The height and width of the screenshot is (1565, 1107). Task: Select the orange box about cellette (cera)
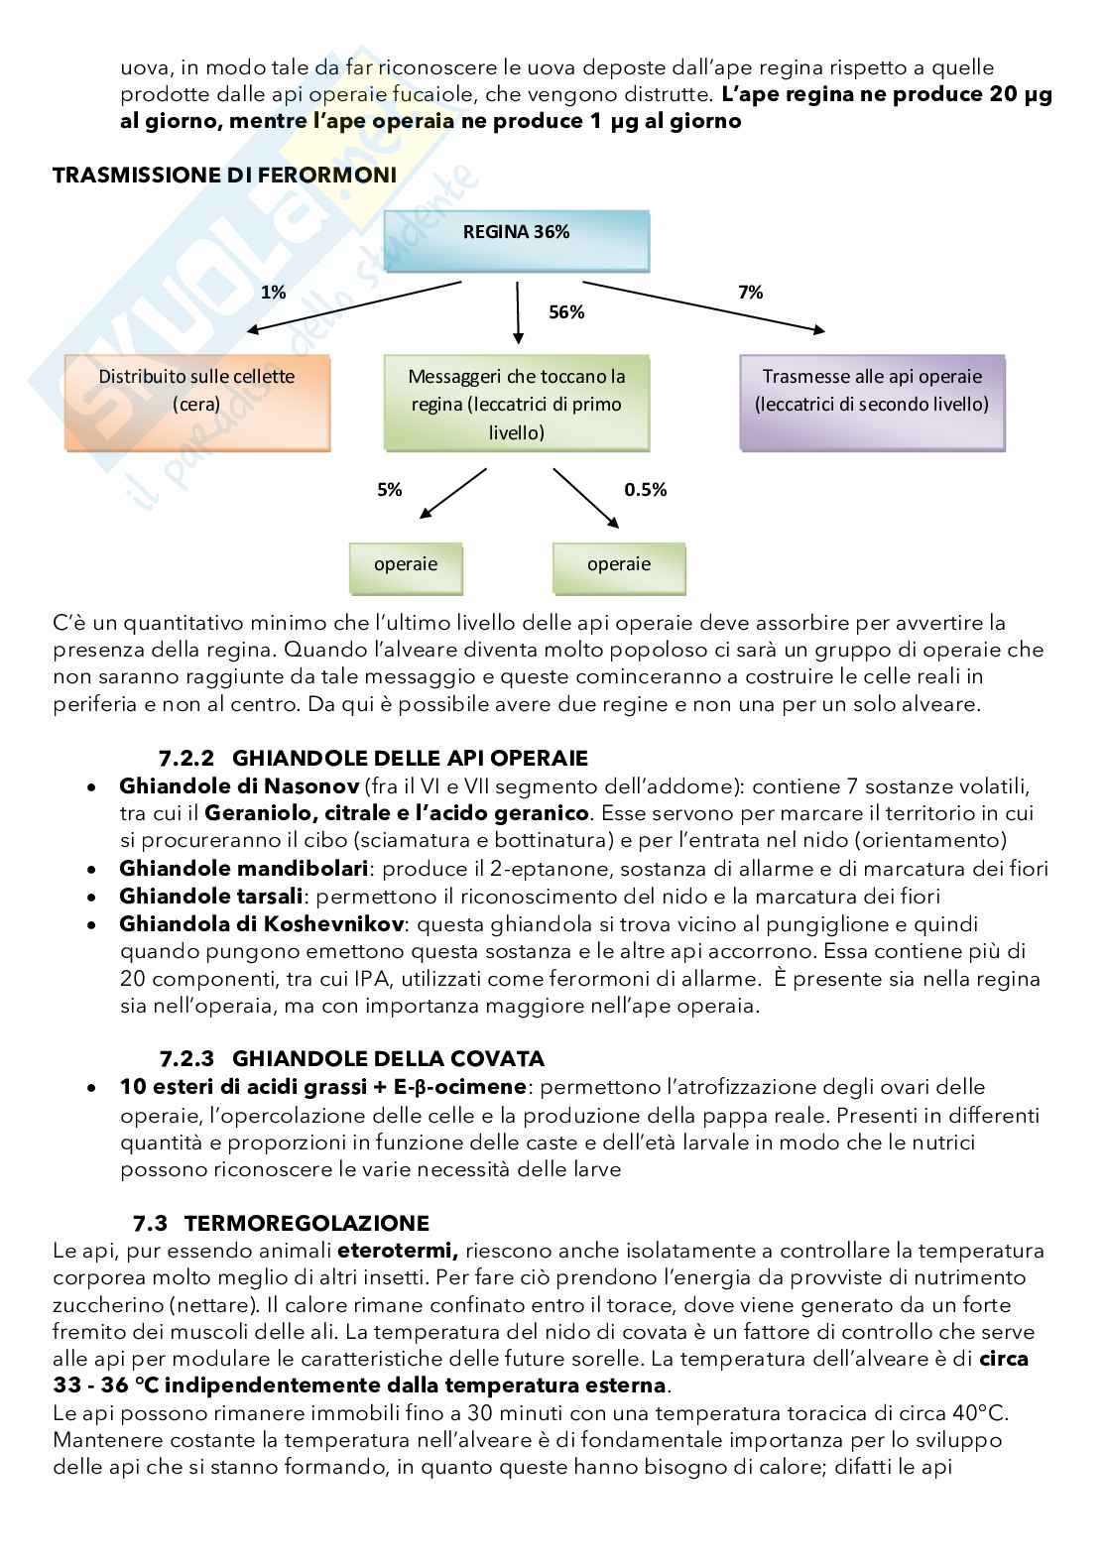196,403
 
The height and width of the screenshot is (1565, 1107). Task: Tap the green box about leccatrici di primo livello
516,403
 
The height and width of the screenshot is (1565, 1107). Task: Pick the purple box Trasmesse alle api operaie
872,403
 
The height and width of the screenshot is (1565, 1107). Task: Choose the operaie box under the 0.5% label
618,564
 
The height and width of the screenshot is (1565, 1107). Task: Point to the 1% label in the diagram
273,293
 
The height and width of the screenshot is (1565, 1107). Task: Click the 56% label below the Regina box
566,312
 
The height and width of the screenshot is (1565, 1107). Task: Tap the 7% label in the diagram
750,293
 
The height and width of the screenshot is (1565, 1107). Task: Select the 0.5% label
645,490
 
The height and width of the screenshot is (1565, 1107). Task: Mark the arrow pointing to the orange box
355,306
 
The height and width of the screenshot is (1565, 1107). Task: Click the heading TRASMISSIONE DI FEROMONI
224,176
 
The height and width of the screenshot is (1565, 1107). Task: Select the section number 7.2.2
187,759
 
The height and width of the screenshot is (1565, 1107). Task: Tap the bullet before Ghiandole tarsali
91,898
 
